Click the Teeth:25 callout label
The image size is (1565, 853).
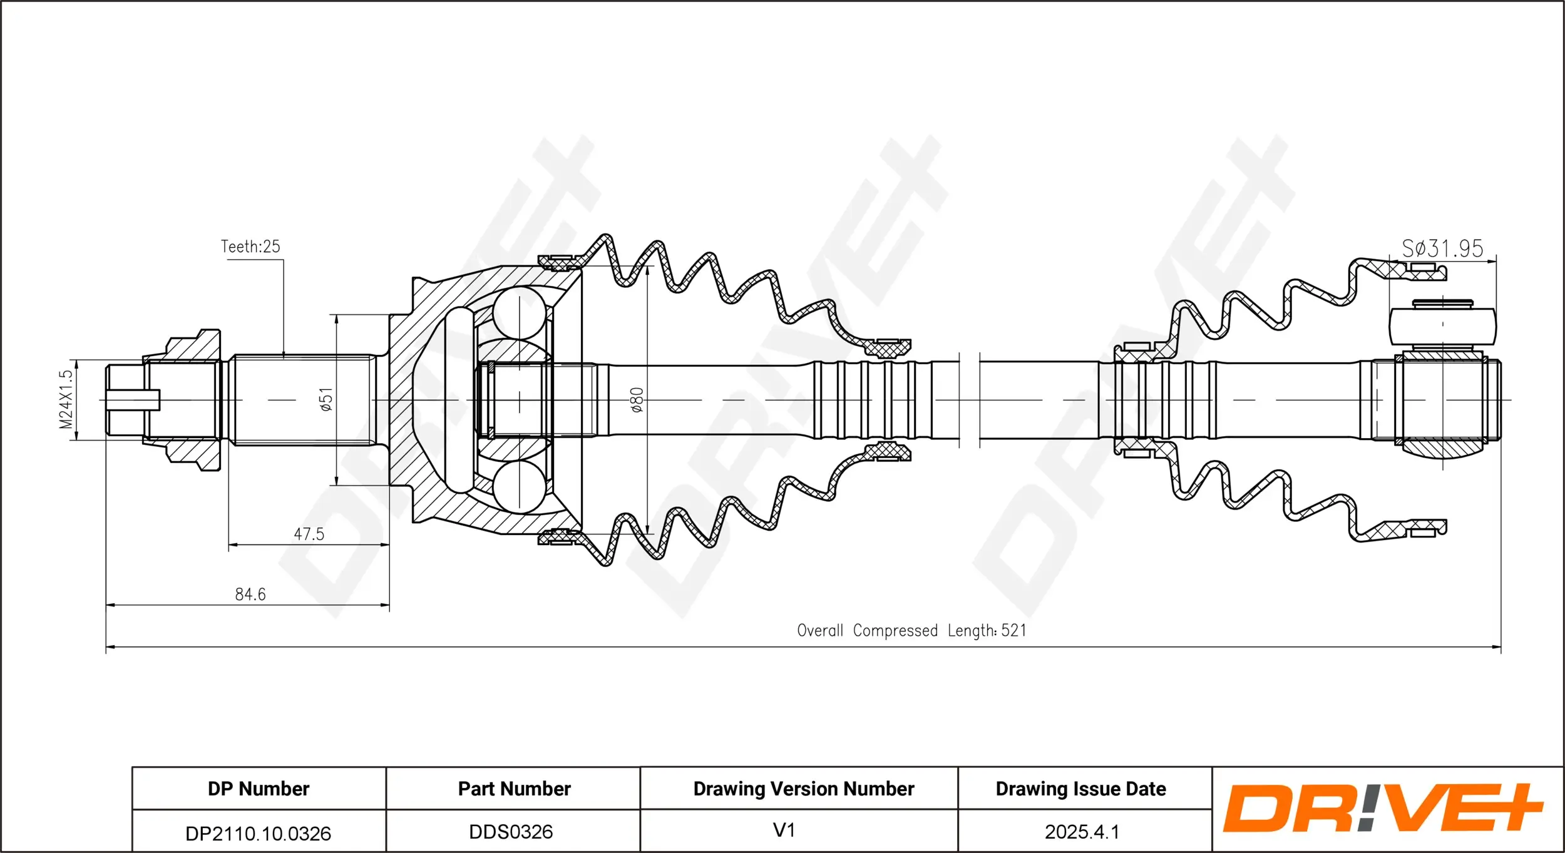[x=250, y=247]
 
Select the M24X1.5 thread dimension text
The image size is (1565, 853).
[x=66, y=399]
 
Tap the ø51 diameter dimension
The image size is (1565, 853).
[x=326, y=399]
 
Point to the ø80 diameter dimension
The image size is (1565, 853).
[x=637, y=399]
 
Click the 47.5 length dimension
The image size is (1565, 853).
[x=309, y=534]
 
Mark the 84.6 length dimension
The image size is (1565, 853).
[x=250, y=594]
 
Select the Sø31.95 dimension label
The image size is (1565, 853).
[x=1442, y=249]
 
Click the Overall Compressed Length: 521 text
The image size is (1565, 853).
[x=911, y=630]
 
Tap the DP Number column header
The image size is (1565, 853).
[x=258, y=789]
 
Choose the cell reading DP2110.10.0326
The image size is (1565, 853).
[x=258, y=833]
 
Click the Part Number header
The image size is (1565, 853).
[x=514, y=789]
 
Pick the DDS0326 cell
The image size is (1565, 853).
[x=511, y=832]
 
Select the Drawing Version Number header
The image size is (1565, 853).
[x=803, y=789]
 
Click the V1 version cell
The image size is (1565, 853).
[x=784, y=830]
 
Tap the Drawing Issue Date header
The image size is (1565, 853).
[x=1080, y=789]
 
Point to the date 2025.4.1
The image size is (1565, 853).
[x=1081, y=832]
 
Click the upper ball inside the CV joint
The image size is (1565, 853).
[x=519, y=313]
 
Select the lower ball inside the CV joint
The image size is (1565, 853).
[x=519, y=487]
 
